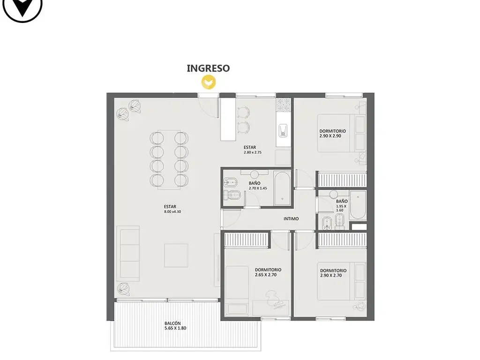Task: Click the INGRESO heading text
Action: tap(208, 68)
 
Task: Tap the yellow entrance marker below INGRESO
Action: tap(209, 82)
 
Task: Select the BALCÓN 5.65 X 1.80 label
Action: tap(175, 326)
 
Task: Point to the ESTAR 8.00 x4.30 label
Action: tap(172, 209)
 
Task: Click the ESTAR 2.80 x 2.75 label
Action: tap(253, 150)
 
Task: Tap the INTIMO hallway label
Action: tap(291, 219)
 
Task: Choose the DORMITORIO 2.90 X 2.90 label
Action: tap(332, 134)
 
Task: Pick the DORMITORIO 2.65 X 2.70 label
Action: tap(268, 272)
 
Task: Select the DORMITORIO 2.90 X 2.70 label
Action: tap(333, 273)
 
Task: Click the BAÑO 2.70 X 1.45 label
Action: tap(258, 186)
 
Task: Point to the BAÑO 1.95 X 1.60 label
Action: tap(342, 206)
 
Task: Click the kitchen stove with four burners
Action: tap(284, 105)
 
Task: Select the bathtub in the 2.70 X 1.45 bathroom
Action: tap(282, 188)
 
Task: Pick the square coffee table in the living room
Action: tap(176, 255)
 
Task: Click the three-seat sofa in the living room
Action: tap(128, 254)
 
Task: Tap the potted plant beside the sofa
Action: tap(124, 288)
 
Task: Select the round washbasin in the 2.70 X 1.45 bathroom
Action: tap(255, 174)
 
